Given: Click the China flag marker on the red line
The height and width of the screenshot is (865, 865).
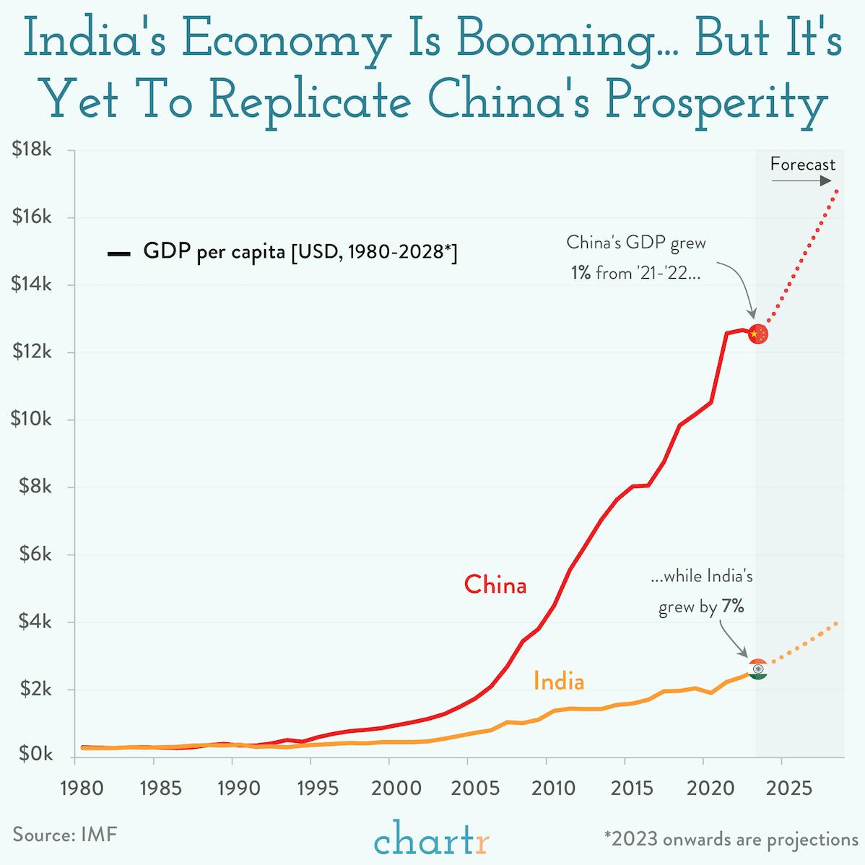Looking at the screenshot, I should [757, 334].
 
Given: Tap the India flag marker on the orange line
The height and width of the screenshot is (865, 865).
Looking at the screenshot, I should [757, 669].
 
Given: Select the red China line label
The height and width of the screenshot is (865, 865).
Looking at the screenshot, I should [495, 584].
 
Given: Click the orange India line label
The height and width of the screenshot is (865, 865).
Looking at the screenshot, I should [558, 681].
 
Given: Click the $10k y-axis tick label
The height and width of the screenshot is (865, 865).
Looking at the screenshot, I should [31, 420].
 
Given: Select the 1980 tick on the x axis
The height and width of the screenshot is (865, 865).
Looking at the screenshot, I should [75, 786].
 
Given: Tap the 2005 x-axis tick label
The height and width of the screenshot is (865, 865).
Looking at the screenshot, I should [467, 786].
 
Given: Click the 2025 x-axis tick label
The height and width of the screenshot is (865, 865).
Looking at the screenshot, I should [781, 786].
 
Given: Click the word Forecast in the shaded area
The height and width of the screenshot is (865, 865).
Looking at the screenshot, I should [802, 164].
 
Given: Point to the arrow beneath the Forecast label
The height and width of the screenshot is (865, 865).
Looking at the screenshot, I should [801, 181].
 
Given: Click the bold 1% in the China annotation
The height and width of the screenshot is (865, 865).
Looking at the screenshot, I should [580, 274].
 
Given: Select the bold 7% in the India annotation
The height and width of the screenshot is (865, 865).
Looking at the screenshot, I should [732, 607].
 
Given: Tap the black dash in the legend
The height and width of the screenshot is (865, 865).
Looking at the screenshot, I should [118, 253].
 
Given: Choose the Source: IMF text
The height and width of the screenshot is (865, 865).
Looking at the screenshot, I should [64, 835].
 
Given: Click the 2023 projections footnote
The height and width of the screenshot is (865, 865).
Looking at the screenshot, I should [731, 839].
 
